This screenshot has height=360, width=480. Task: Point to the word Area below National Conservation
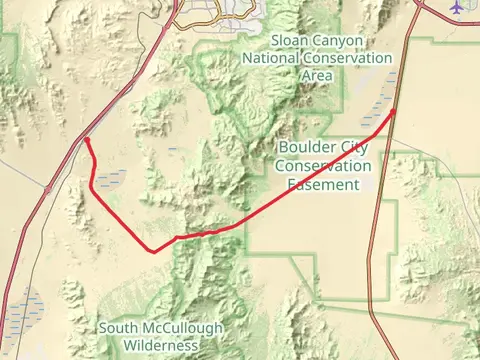[x=318, y=75]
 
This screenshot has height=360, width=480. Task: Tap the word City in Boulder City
[x=353, y=148]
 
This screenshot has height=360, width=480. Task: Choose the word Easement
[x=322, y=184]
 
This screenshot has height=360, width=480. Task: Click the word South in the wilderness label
[x=122, y=328]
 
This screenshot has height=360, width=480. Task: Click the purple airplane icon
[x=458, y=7]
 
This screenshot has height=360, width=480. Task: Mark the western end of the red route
[x=86, y=141]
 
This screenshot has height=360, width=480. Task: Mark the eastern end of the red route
[x=395, y=110]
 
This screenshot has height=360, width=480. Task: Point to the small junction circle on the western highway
[x=47, y=187]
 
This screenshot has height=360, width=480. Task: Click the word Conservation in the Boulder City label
[x=322, y=166]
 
